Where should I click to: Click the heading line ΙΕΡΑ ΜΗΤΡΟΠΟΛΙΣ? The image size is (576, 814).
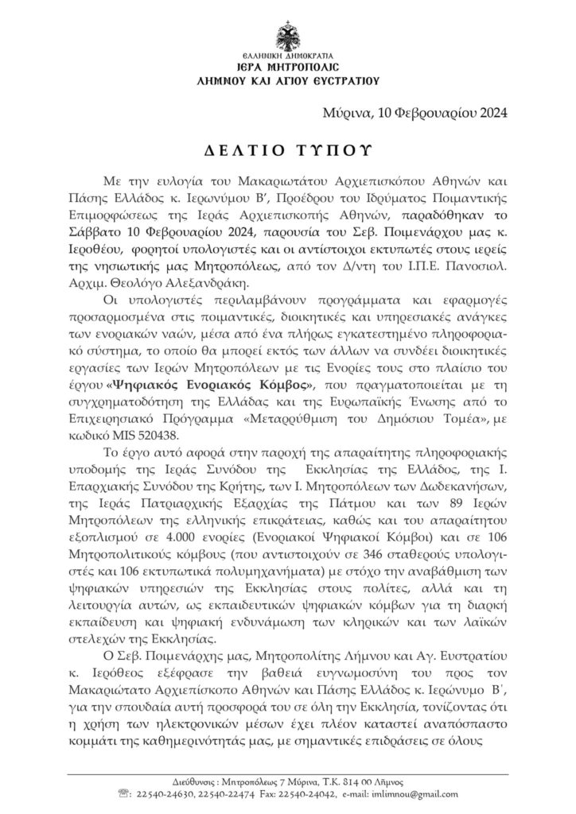pos(288,69)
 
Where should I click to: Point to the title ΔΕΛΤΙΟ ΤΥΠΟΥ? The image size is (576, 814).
pos(287,151)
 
